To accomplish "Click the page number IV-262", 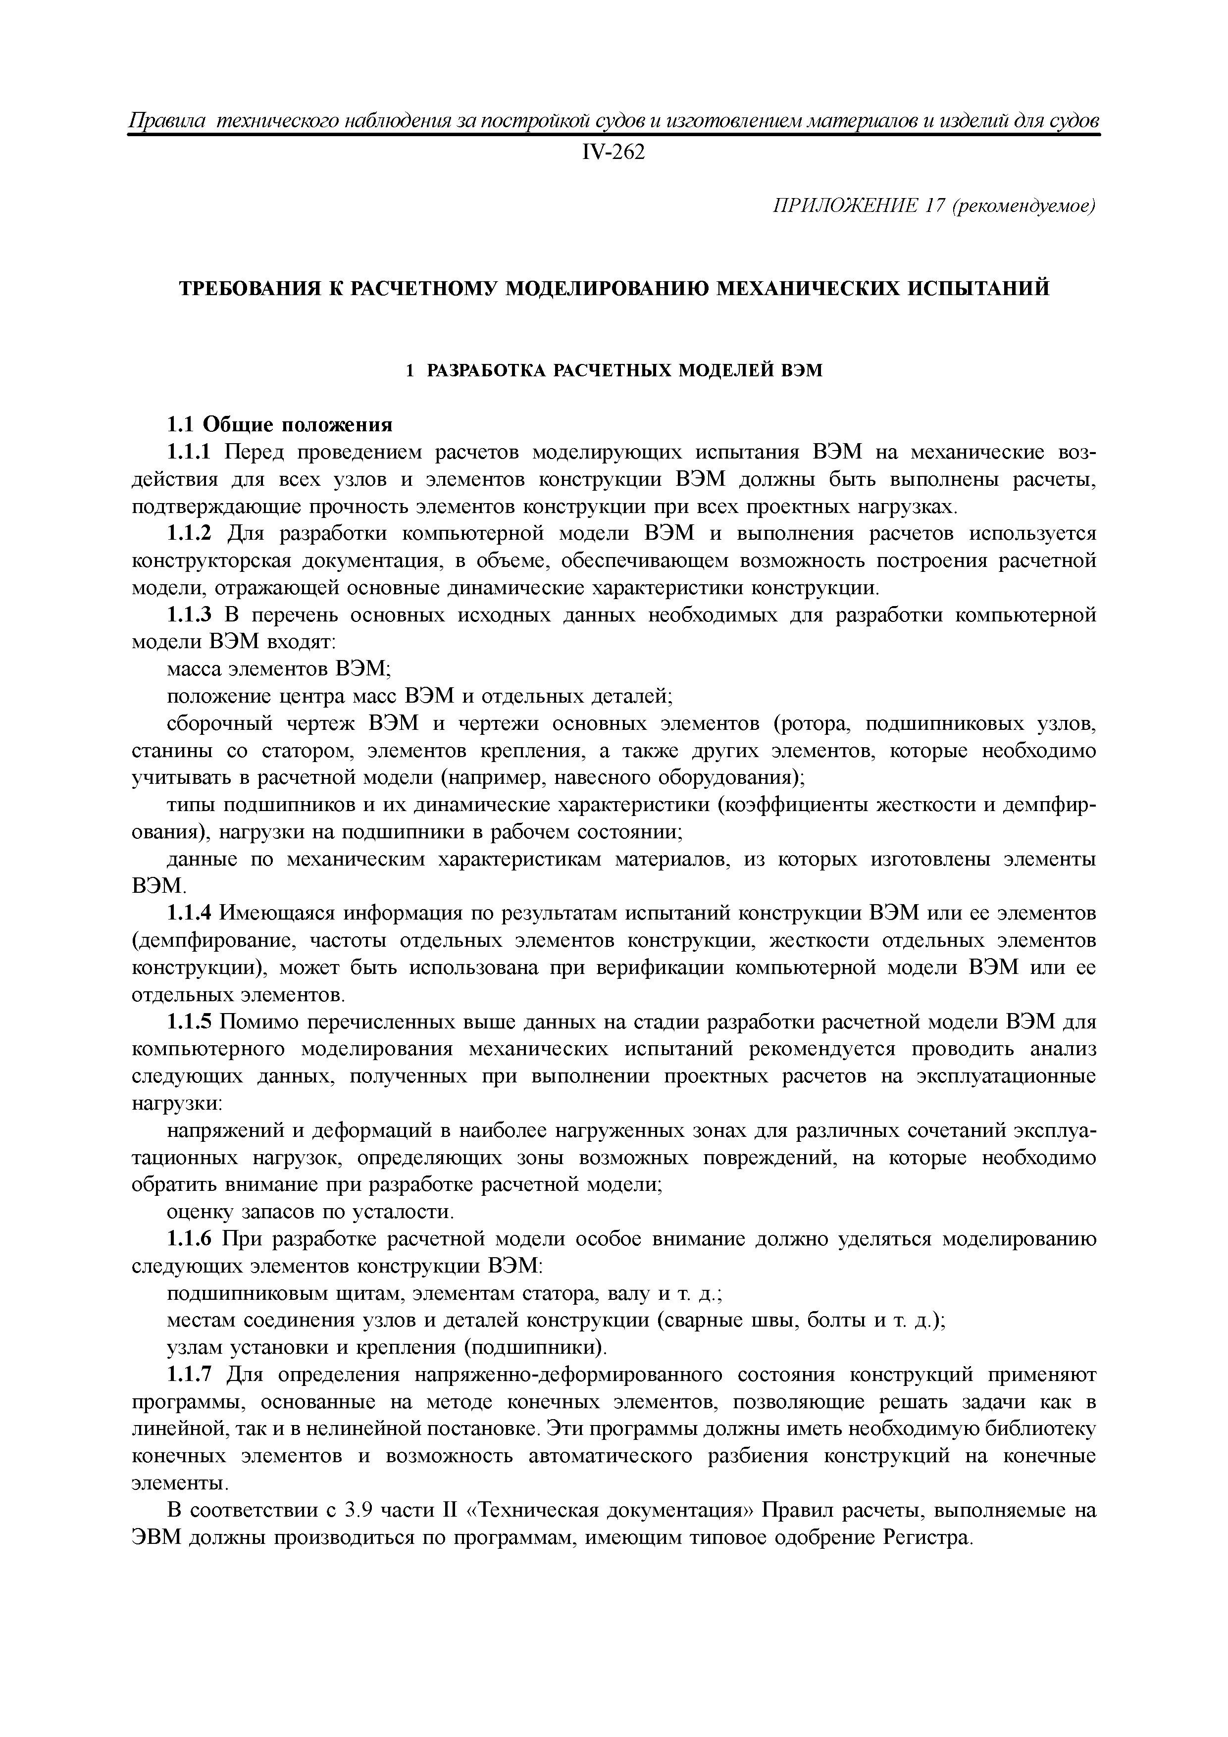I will click(614, 153).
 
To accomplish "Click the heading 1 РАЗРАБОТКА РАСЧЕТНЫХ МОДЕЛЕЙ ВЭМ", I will click(614, 371).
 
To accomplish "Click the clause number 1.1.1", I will click(192, 453).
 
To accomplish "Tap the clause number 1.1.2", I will click(192, 534).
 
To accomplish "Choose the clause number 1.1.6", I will click(192, 1240).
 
